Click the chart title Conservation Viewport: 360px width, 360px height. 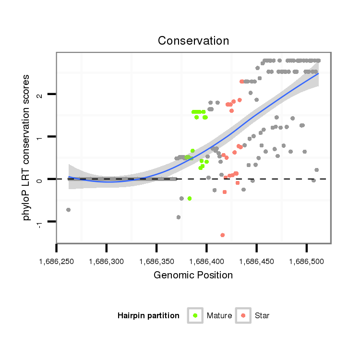[193, 40]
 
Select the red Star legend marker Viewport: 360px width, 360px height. [243, 315]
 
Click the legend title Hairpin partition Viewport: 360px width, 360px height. [148, 316]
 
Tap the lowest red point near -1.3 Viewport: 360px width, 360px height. [222, 235]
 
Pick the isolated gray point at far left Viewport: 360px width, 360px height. [68, 210]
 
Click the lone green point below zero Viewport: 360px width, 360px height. [190, 198]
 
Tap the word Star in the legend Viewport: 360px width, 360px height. [262, 316]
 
